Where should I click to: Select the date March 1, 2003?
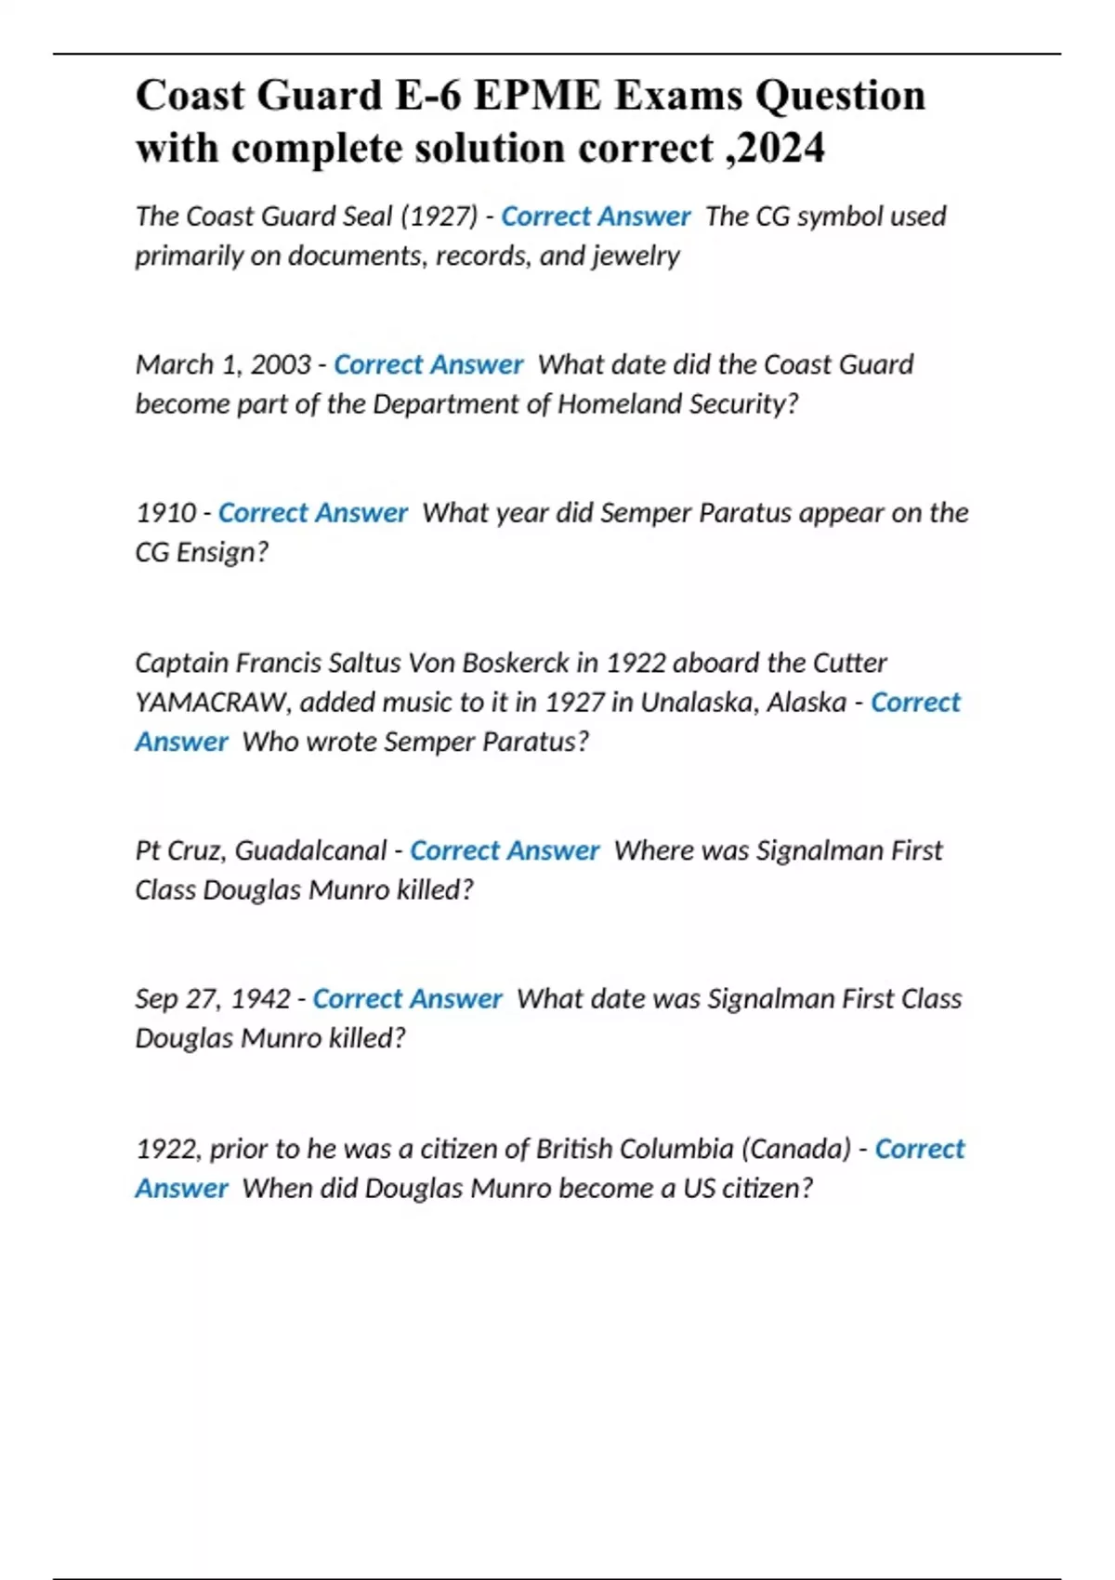coord(223,364)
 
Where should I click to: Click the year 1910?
coord(165,513)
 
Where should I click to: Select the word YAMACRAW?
coord(213,703)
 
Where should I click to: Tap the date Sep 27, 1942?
coord(213,999)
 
